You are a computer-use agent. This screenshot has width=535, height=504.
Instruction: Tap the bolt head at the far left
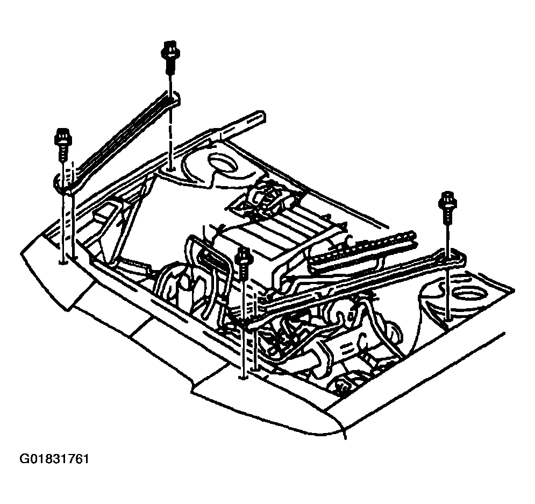pos(63,138)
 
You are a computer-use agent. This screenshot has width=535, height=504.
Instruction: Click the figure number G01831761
pos(55,459)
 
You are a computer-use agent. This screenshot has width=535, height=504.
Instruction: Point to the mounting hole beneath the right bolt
pos(448,320)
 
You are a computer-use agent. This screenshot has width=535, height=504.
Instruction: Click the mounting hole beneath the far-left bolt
pos(62,262)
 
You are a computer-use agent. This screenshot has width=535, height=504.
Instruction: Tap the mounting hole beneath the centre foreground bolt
pos(242,378)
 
